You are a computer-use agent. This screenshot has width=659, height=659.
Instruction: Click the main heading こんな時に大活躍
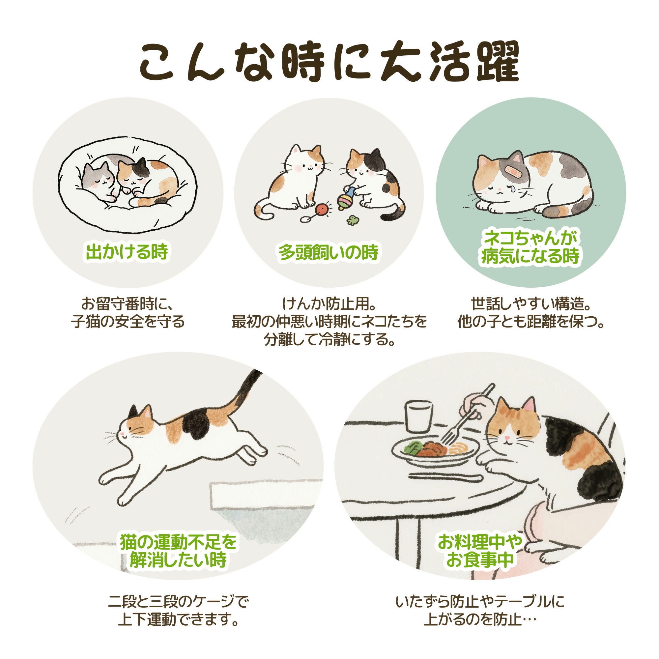pos(329,61)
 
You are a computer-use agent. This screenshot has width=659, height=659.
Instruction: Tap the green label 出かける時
pos(127,252)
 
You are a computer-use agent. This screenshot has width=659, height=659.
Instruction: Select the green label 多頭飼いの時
pos(329,253)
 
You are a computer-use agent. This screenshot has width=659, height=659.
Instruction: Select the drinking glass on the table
pos(418,416)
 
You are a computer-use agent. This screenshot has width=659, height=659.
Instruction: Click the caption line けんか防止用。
pos(329,303)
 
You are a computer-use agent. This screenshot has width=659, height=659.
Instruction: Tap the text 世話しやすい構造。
pos(531,303)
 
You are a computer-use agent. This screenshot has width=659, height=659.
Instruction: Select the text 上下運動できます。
pos(178,619)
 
